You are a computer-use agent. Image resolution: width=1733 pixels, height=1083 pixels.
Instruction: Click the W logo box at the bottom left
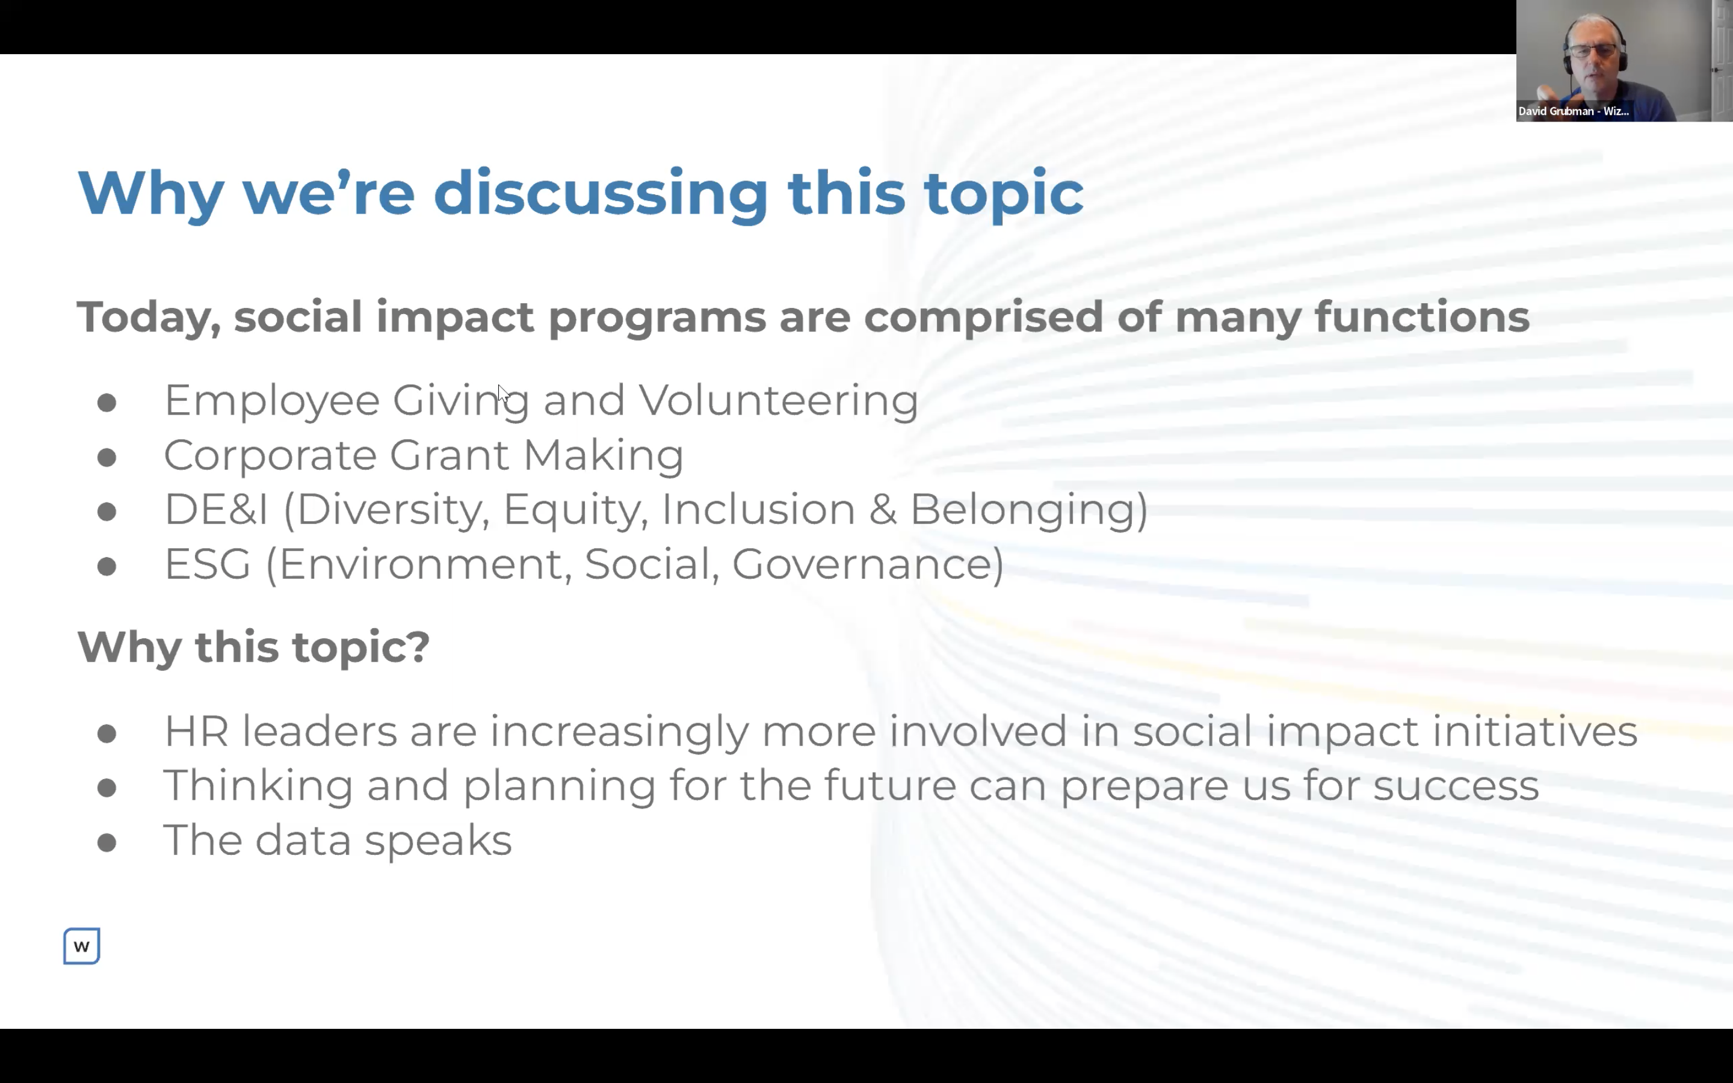tap(82, 946)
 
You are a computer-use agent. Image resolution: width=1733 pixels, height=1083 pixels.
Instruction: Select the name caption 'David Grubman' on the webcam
tap(1555, 111)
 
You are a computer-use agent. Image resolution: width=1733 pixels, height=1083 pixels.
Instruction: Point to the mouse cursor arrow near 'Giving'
tap(502, 393)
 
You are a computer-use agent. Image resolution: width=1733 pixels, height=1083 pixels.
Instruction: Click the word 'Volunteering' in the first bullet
tap(779, 400)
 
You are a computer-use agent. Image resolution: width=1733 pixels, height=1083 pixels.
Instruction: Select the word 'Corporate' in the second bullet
tap(270, 455)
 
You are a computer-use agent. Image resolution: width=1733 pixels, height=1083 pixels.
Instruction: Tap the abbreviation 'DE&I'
tap(215, 509)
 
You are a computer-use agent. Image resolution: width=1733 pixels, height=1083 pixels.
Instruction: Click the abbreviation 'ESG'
tap(208, 564)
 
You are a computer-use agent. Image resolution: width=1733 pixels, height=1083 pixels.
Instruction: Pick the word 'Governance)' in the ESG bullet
tap(867, 564)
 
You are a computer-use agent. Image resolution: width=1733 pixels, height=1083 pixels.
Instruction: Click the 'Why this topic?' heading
tap(253, 647)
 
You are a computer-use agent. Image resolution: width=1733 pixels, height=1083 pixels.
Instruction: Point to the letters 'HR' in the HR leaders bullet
tap(196, 731)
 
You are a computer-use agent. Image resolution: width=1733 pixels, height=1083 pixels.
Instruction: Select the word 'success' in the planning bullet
tap(1456, 785)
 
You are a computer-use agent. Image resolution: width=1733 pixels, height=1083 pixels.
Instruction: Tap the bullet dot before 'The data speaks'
tap(107, 842)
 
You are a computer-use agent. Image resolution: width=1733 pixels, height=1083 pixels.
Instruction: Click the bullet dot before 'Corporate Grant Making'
tap(107, 457)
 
